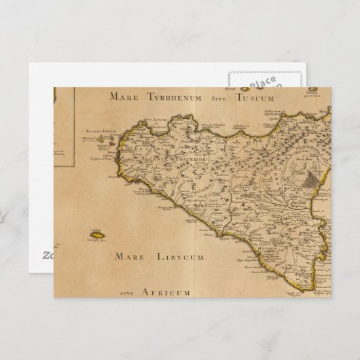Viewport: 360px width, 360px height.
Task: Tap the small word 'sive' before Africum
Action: pos(128,293)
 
